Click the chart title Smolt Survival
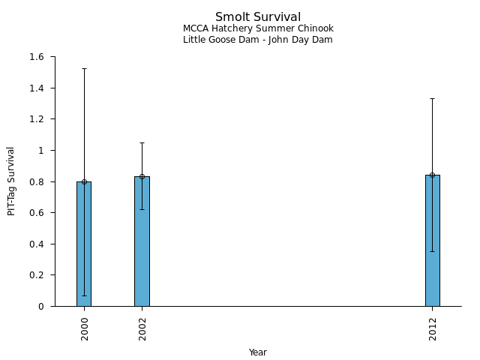pyautogui.click(x=258, y=17)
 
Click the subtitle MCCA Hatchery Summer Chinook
pyautogui.click(x=258, y=28)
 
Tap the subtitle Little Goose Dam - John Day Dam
pyautogui.click(x=258, y=40)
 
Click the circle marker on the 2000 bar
pyautogui.click(x=84, y=181)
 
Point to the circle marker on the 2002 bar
pyautogui.click(x=142, y=177)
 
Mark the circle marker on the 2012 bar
pyautogui.click(x=433, y=175)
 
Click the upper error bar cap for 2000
pyautogui.click(x=84, y=68)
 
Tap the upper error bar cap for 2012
pyautogui.click(x=433, y=98)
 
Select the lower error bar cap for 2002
pyautogui.click(x=142, y=209)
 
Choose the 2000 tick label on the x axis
pyautogui.click(x=85, y=328)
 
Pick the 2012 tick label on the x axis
pyautogui.click(x=433, y=328)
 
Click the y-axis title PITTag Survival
pyautogui.click(x=11, y=181)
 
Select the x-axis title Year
pyautogui.click(x=258, y=352)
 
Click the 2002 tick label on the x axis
pyautogui.click(x=142, y=328)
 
